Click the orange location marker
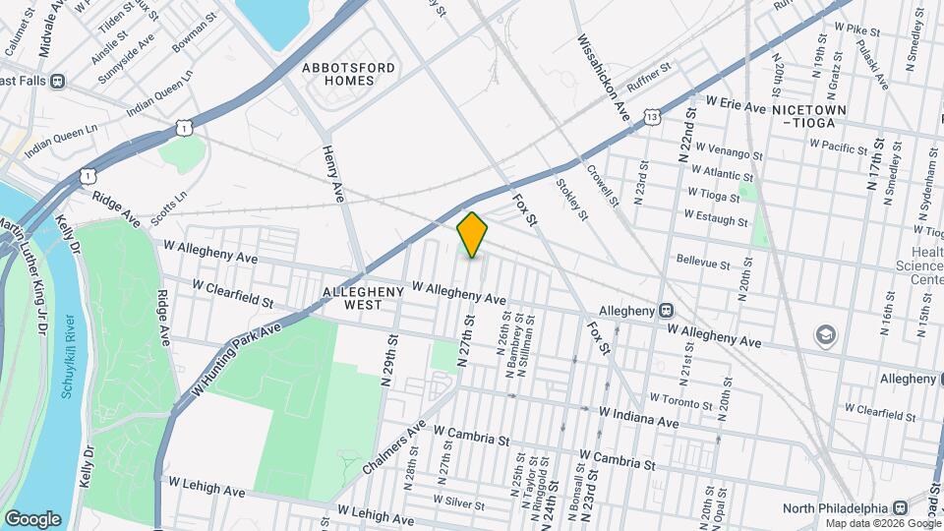pyautogui.click(x=473, y=235)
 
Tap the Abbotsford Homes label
pyautogui.click(x=348, y=74)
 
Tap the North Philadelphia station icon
pyautogui.click(x=900, y=507)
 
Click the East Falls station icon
pyautogui.click(x=58, y=81)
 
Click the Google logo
pyautogui.click(x=32, y=518)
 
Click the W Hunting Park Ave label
pyautogui.click(x=237, y=350)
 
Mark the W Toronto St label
pyautogui.click(x=679, y=401)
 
